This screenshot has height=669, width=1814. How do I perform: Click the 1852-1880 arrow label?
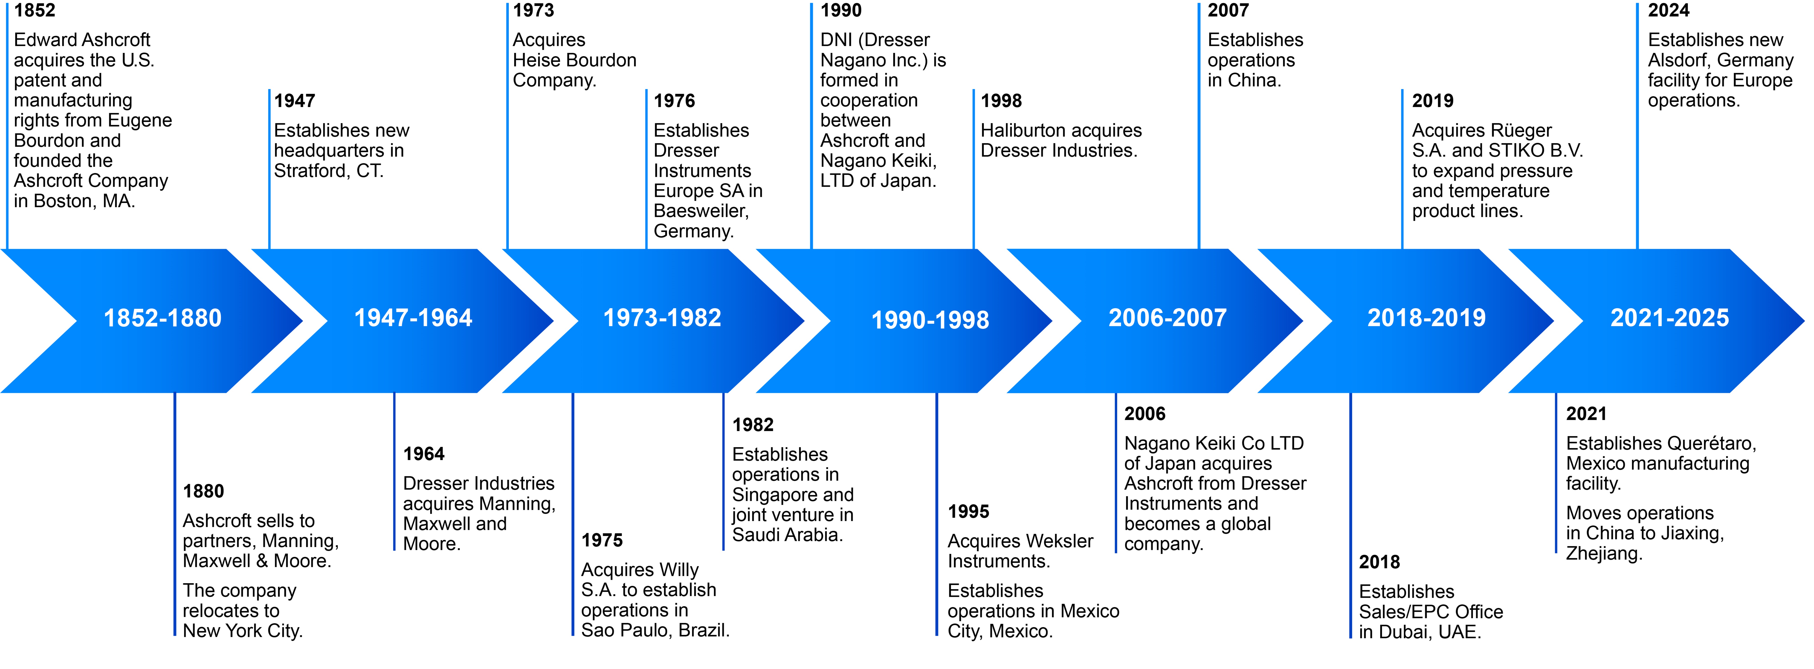pyautogui.click(x=163, y=318)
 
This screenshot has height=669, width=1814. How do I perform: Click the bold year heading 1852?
pyautogui.click(x=34, y=11)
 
